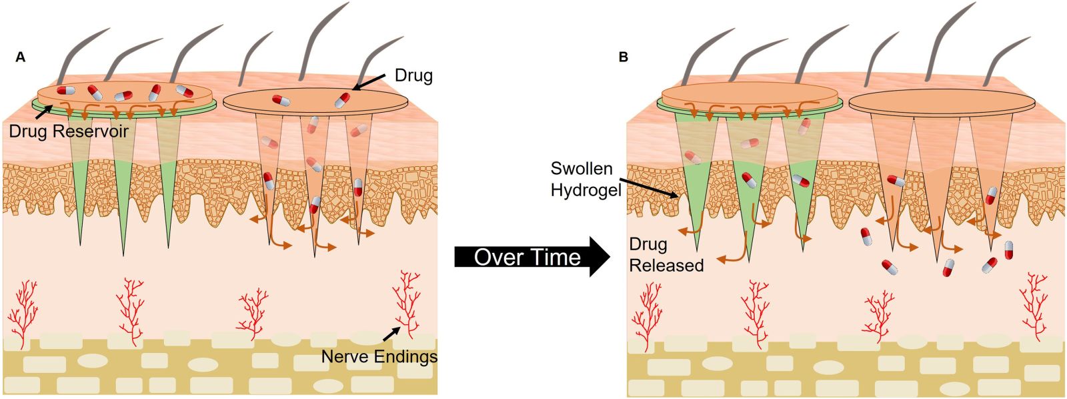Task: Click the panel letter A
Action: coord(21,57)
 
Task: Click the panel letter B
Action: coord(623,57)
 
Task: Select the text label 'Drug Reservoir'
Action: coord(69,131)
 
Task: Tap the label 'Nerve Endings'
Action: coord(379,356)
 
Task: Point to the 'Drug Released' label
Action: coord(666,255)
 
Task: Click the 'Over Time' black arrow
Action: coord(532,257)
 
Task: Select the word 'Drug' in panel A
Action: coord(413,75)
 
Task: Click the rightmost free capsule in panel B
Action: coord(1008,250)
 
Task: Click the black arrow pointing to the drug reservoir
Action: coord(45,114)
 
